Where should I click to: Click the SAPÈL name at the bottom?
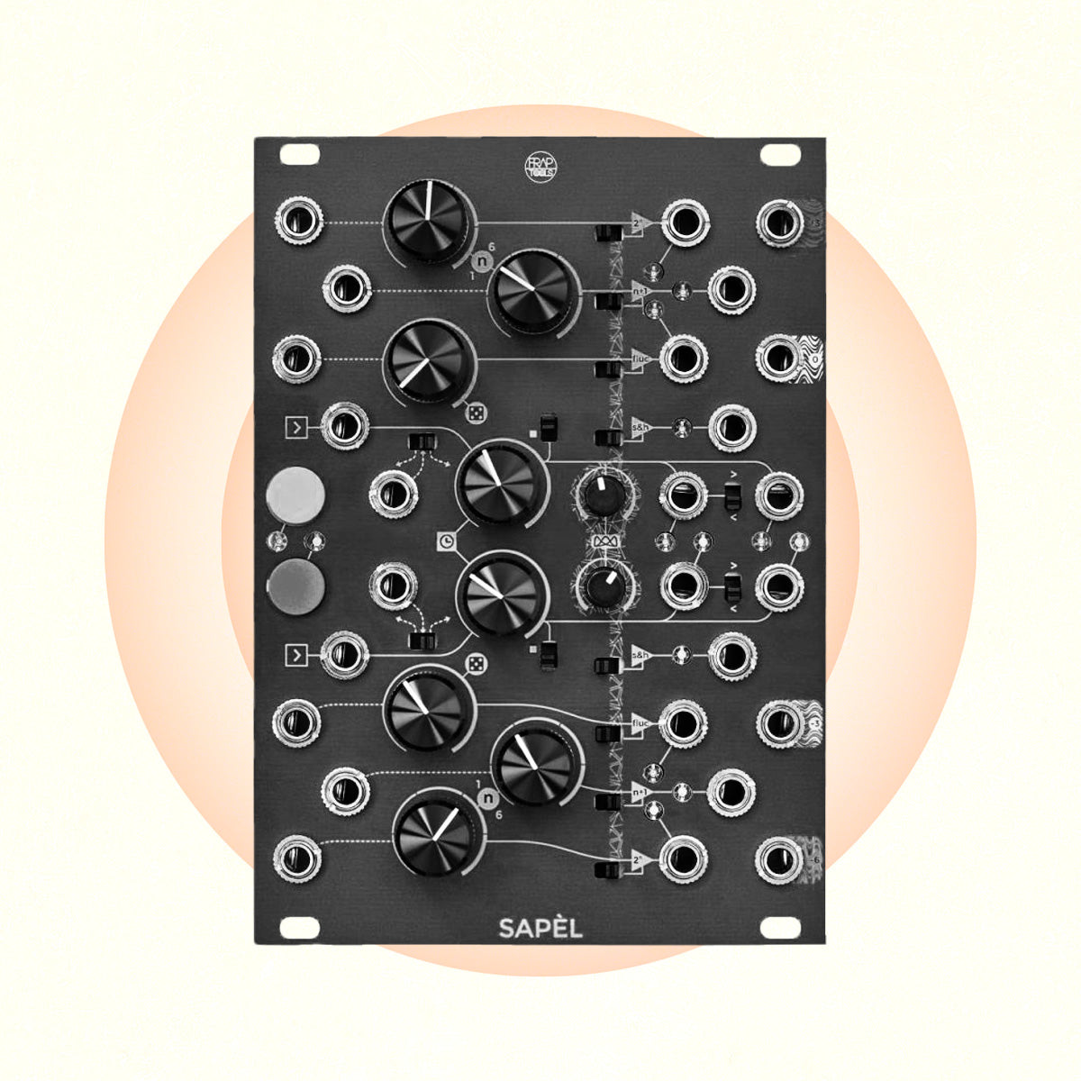click(x=540, y=928)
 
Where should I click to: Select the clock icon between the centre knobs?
click(x=447, y=540)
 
